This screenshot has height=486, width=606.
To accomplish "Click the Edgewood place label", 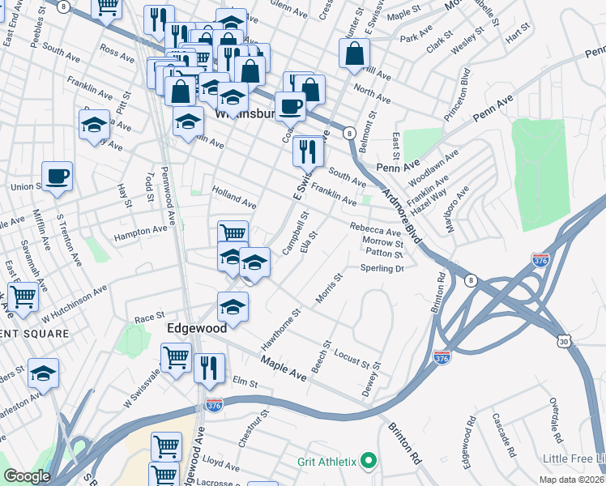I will pyautogui.click(x=197, y=330).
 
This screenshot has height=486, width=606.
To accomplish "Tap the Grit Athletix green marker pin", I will pyautogui.click(x=369, y=462).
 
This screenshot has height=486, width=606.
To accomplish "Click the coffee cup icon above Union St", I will pyautogui.click(x=57, y=177).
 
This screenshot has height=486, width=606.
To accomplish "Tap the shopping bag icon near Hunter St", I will pyautogui.click(x=354, y=56).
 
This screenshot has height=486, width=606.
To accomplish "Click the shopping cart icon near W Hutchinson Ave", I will pyautogui.click(x=23, y=296).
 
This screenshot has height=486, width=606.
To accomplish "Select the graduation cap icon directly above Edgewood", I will pyautogui.click(x=233, y=308).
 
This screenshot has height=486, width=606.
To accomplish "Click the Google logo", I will pyautogui.click(x=27, y=476).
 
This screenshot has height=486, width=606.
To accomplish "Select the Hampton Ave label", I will pyautogui.click(x=140, y=232).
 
